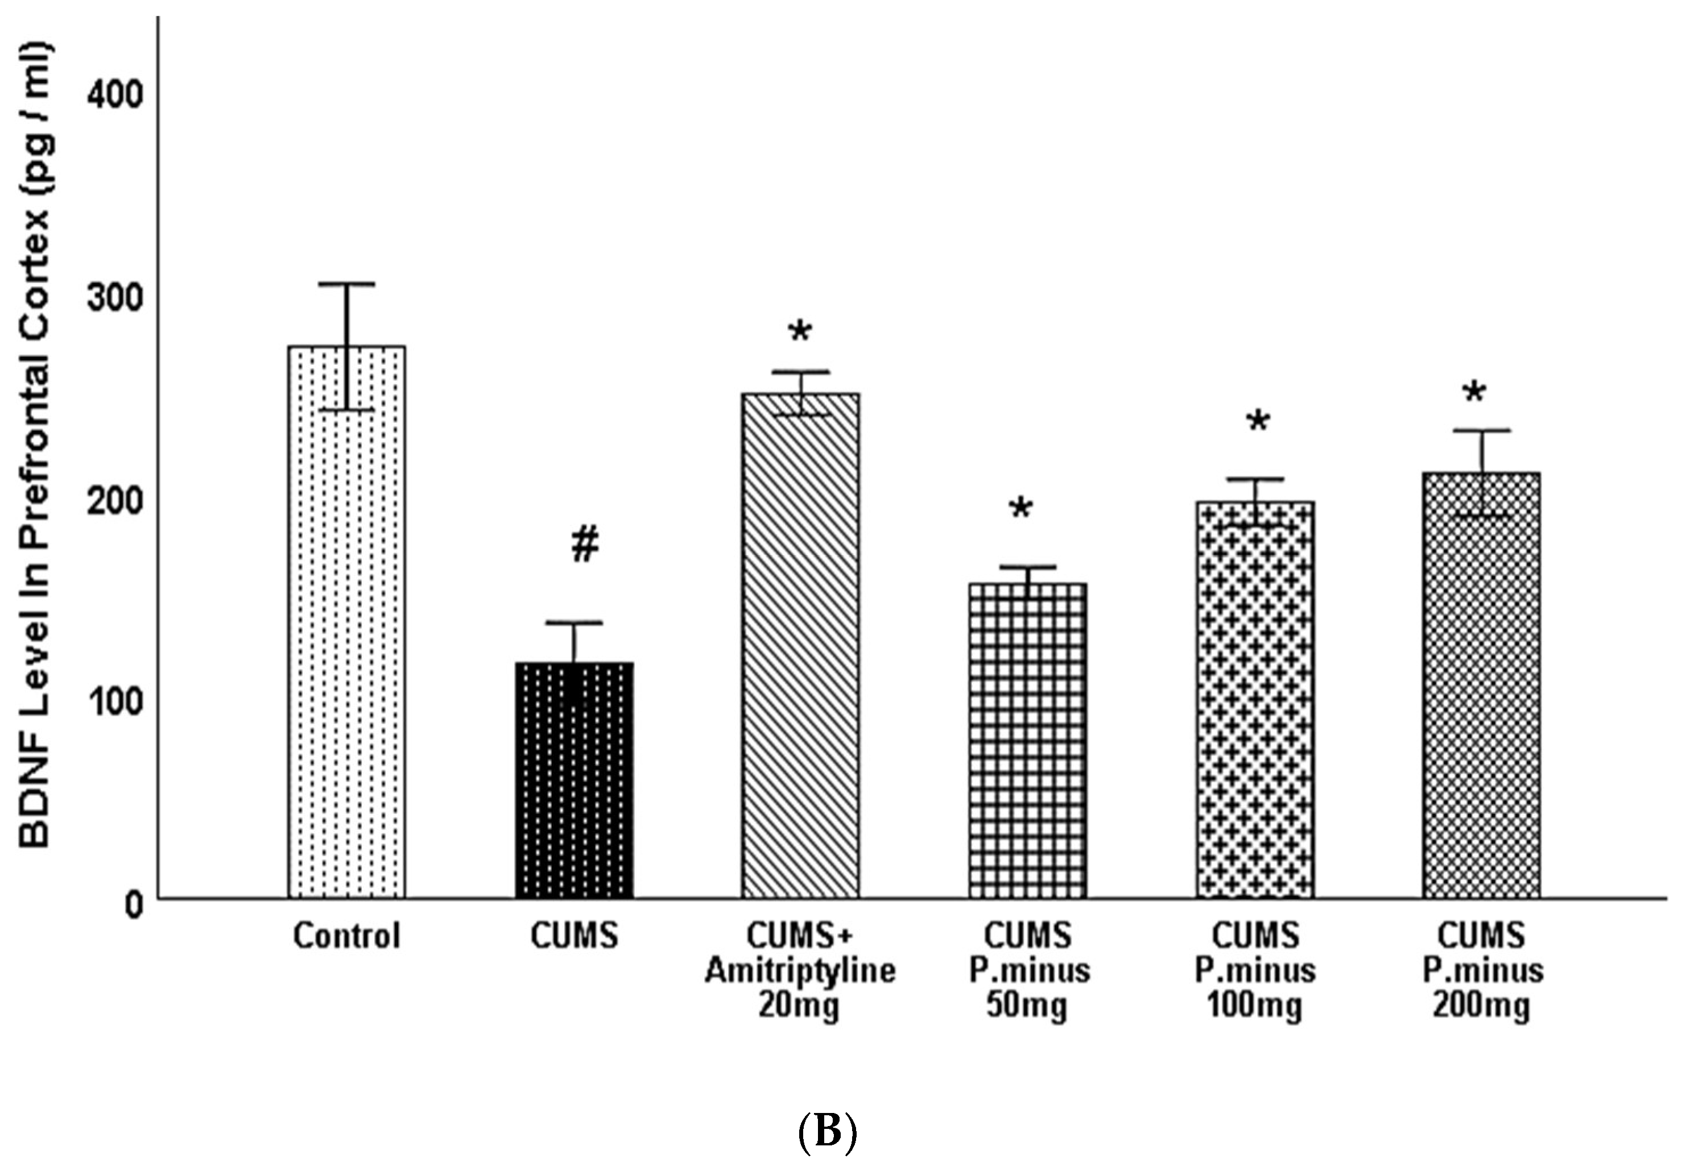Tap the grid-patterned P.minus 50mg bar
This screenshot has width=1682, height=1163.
pos(1027,744)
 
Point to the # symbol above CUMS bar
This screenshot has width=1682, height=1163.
pos(585,545)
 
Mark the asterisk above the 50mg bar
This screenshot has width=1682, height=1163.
pos(1020,509)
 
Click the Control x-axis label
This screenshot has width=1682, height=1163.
pos(346,936)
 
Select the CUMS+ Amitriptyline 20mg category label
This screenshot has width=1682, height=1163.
pos(800,971)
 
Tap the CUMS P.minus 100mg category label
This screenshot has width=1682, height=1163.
pos(1255,971)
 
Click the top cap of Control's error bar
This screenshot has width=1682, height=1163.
pos(346,284)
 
